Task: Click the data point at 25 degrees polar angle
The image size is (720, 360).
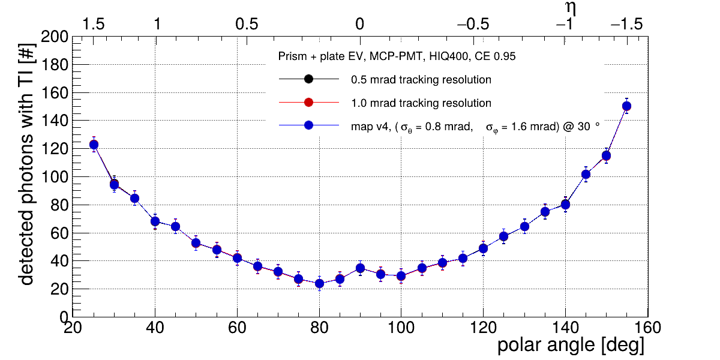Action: pyautogui.click(x=94, y=145)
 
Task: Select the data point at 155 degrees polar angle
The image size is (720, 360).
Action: pyautogui.click(x=626, y=106)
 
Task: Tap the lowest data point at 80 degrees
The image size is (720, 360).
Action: pyautogui.click(x=319, y=283)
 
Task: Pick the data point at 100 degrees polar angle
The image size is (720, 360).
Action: pyautogui.click(x=401, y=276)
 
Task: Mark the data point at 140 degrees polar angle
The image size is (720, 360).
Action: pyautogui.click(x=565, y=205)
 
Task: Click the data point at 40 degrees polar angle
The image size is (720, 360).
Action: pyautogui.click(x=155, y=221)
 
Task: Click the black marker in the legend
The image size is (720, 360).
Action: pyautogui.click(x=308, y=79)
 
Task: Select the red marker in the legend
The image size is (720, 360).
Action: pyautogui.click(x=308, y=103)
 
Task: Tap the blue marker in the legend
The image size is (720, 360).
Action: pyautogui.click(x=308, y=126)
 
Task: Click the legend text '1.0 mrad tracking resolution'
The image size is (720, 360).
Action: pyautogui.click(x=421, y=103)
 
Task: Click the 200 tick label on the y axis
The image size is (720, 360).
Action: pyautogui.click(x=53, y=37)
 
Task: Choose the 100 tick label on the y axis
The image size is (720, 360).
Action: pyautogui.click(x=53, y=177)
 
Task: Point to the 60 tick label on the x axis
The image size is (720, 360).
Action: pyautogui.click(x=237, y=328)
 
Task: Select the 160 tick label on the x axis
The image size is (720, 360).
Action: pyautogui.click(x=647, y=328)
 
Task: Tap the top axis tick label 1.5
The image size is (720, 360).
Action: pyautogui.click(x=94, y=25)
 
